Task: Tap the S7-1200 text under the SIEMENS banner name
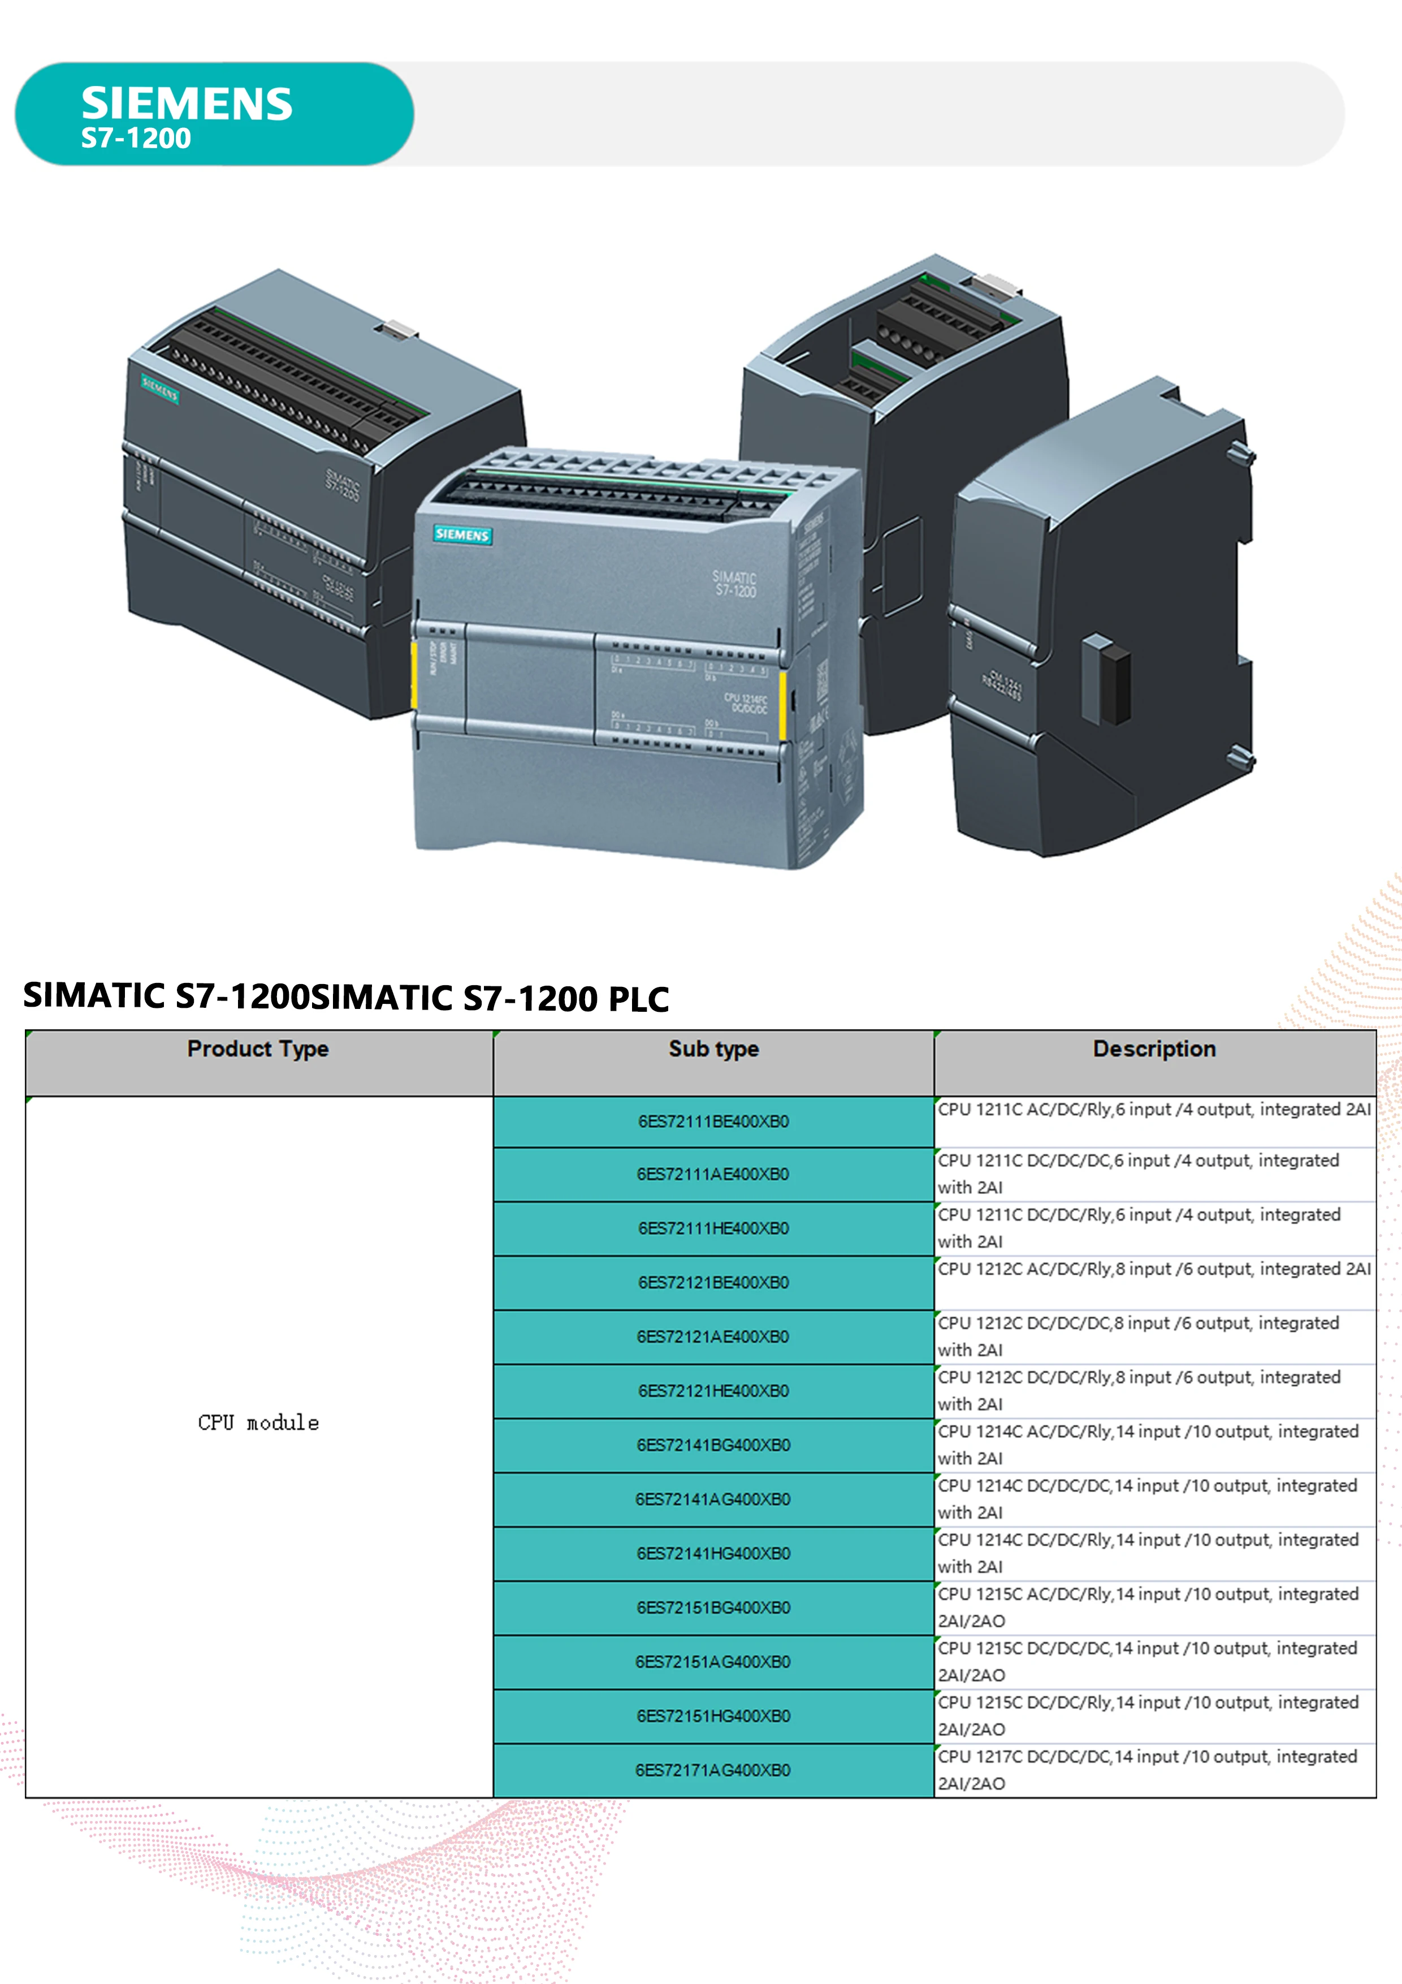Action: [x=136, y=138]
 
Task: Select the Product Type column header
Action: [x=257, y=1049]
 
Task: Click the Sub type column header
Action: [x=713, y=1049]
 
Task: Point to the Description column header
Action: [x=1154, y=1049]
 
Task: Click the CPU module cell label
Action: [x=258, y=1423]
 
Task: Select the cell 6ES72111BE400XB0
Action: [x=713, y=1122]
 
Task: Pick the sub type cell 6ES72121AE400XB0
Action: [x=713, y=1337]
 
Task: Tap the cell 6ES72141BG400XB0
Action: [x=713, y=1445]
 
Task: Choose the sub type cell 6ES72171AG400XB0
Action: [x=713, y=1770]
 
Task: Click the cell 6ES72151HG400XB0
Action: [x=713, y=1715]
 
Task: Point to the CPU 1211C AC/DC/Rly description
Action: [x=1154, y=1110]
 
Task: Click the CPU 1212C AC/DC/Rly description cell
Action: [x=1154, y=1269]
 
